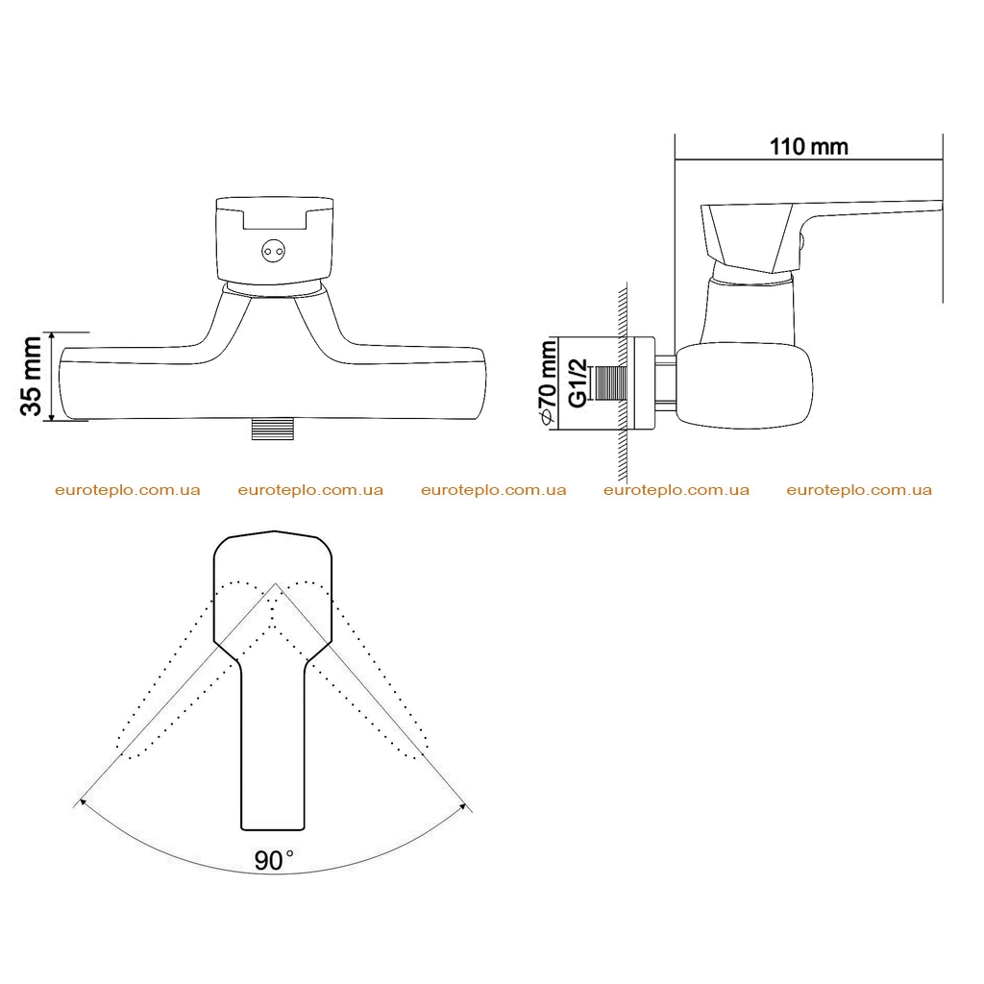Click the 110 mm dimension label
click(808, 147)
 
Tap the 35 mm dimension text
click(32, 376)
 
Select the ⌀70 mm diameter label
click(547, 382)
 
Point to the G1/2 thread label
click(578, 382)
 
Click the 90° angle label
click(274, 860)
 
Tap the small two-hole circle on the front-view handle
click(273, 252)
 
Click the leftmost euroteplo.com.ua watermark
click(128, 490)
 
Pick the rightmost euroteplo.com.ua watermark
click(859, 490)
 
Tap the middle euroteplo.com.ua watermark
click(493, 490)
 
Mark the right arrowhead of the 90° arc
click(464, 806)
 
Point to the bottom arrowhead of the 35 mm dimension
click(52, 415)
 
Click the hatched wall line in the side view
click(623, 382)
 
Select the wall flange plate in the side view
click(643, 383)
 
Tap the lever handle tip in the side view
click(941, 206)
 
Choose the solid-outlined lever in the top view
click(273, 680)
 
